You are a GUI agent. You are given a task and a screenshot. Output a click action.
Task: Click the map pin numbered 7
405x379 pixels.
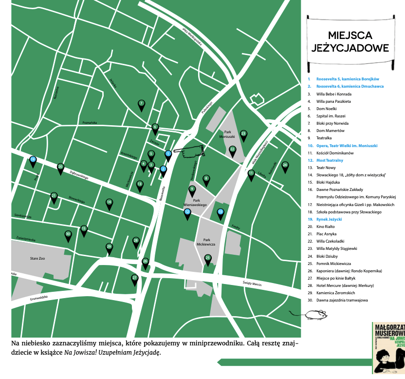(141, 104)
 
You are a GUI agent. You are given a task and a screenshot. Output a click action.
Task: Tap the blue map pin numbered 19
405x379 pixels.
(33, 160)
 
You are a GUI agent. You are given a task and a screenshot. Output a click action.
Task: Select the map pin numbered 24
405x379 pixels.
(285, 166)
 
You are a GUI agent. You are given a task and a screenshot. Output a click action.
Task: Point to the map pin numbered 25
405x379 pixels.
(208, 258)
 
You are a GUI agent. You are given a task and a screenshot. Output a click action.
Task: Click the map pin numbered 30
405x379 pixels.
(68, 235)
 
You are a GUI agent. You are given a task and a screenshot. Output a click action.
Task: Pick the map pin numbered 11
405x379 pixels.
(251, 173)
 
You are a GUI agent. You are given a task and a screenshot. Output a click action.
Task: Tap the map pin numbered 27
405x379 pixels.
(135, 279)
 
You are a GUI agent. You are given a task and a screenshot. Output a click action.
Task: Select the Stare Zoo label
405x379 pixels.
(37, 258)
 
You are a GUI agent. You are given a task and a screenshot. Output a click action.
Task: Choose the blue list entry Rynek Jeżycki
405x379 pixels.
(329, 219)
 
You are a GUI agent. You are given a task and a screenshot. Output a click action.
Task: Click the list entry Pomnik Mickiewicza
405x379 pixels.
(333, 263)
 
